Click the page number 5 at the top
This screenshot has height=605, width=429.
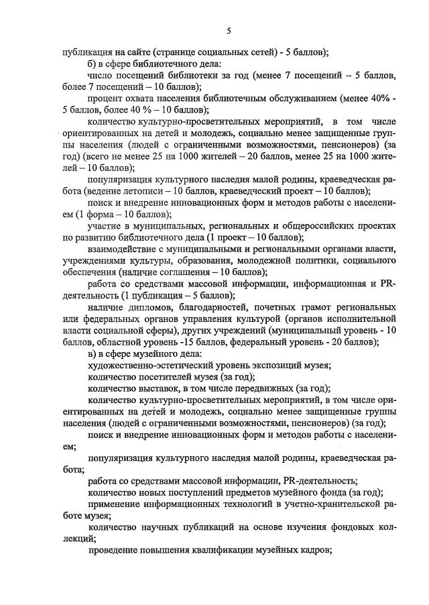[228, 30]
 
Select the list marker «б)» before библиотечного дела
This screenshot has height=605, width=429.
[94, 64]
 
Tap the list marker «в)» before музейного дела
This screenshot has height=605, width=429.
[94, 353]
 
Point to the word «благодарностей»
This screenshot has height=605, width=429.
[213, 307]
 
